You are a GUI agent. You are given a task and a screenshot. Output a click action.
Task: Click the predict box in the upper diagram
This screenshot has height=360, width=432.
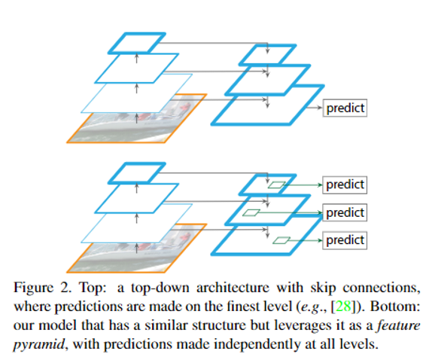[345, 108]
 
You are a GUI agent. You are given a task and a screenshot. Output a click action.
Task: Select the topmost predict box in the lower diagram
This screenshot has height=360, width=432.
[345, 185]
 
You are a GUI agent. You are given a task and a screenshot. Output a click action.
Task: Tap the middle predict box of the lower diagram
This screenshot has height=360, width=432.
[345, 212]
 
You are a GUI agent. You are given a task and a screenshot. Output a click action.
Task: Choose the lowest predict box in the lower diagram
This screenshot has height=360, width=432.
[345, 241]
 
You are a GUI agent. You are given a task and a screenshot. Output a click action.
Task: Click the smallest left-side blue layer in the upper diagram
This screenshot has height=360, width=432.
[136, 42]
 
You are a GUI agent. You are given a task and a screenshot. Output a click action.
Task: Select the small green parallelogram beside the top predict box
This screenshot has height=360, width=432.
[278, 185]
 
